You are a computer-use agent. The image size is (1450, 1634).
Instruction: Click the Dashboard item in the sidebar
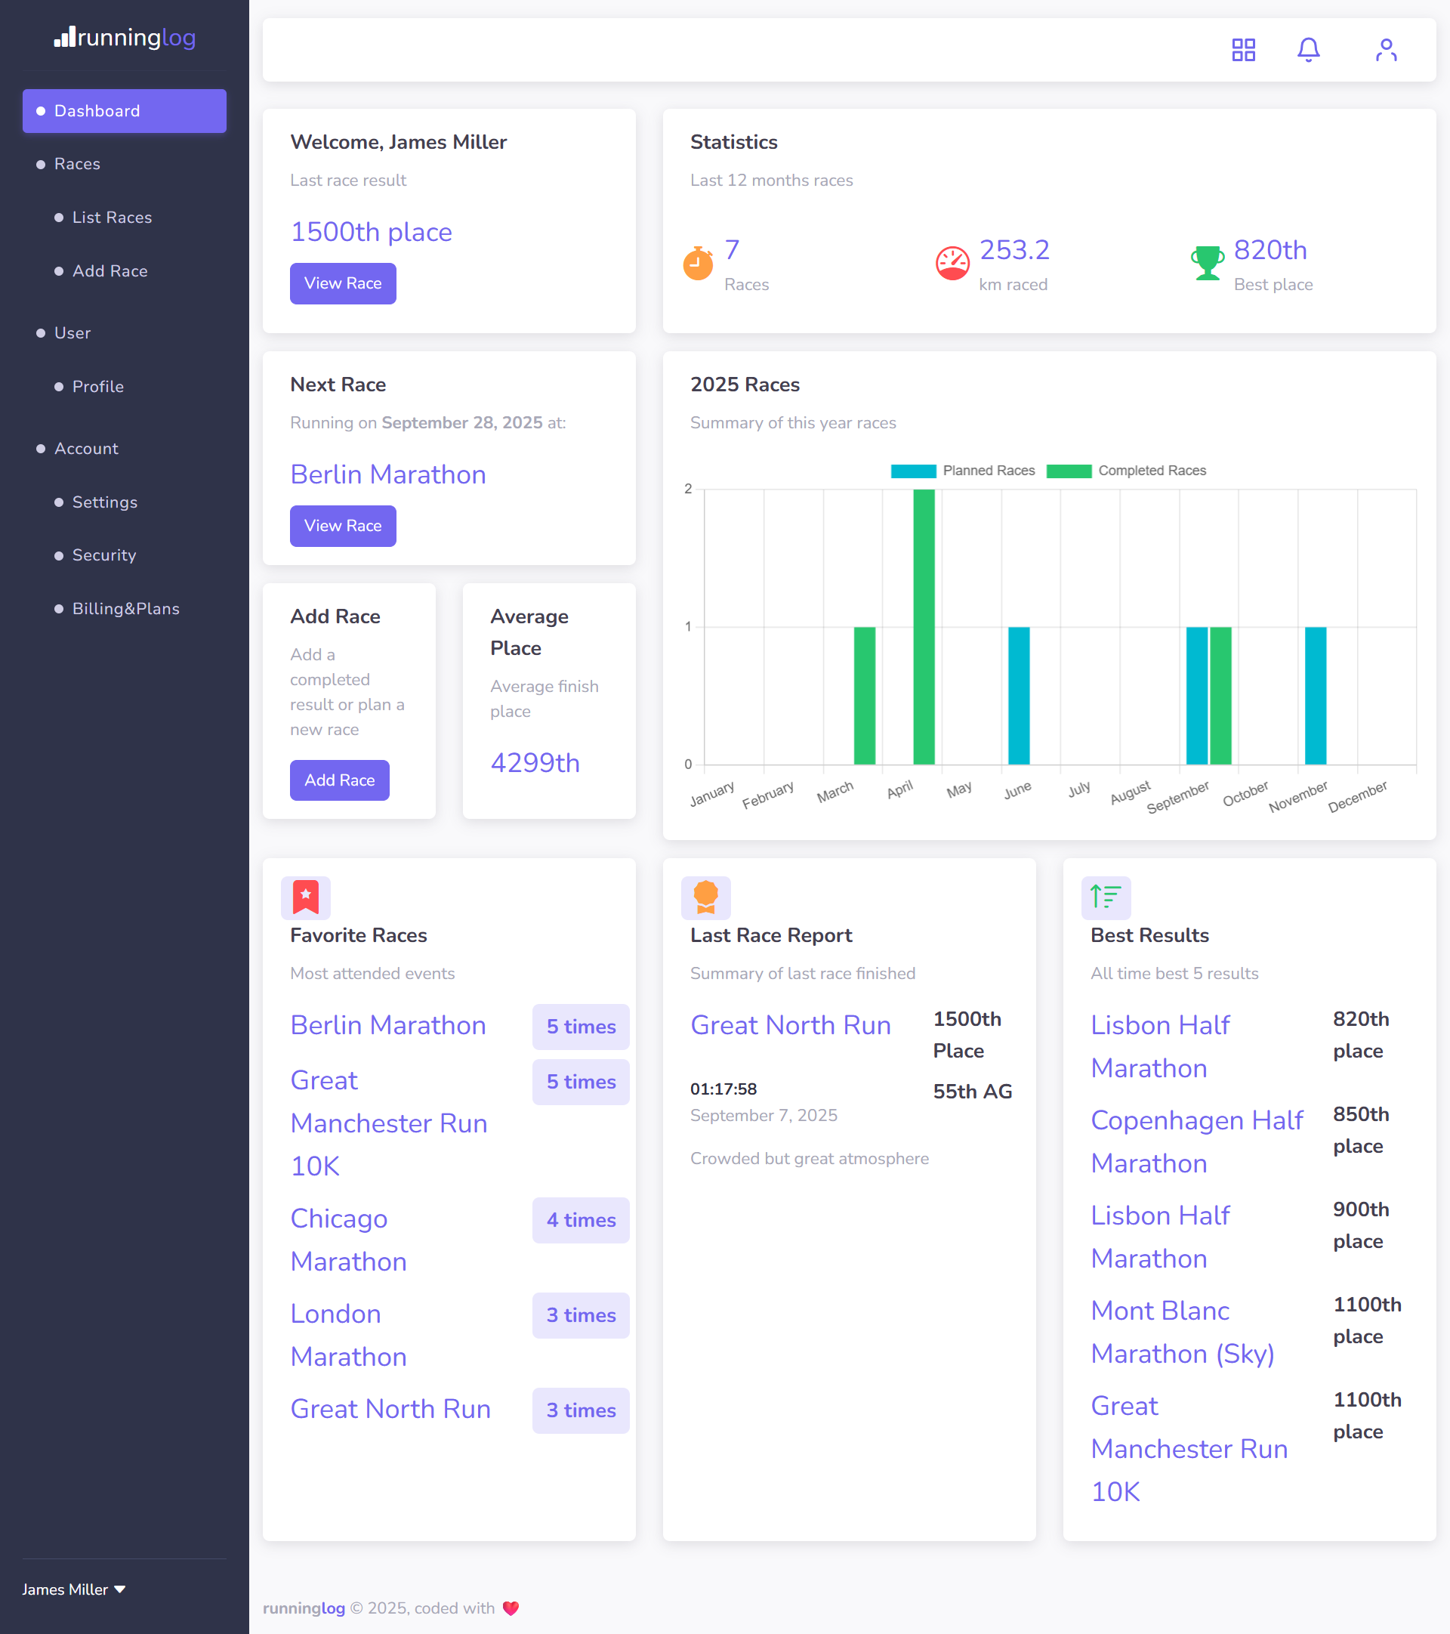click(x=124, y=111)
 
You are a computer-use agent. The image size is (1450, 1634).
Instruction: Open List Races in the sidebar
click(x=111, y=218)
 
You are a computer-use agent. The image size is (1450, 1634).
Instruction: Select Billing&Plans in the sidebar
click(x=125, y=608)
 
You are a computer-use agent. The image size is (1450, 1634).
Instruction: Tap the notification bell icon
click(x=1308, y=51)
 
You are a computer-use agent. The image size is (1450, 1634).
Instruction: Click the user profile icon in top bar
click(x=1386, y=51)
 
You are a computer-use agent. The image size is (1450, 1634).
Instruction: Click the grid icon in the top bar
click(x=1243, y=51)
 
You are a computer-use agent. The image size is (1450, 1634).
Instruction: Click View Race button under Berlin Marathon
click(x=342, y=526)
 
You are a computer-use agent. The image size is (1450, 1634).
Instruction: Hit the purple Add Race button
click(x=339, y=780)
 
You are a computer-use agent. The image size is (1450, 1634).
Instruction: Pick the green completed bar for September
click(x=1220, y=696)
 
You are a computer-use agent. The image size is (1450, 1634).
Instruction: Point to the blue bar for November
click(x=1315, y=696)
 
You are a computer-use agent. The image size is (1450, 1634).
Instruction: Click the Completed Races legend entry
click(x=1126, y=471)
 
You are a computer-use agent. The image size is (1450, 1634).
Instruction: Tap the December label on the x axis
click(x=1357, y=796)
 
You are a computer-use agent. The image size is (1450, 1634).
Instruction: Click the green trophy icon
click(x=1207, y=262)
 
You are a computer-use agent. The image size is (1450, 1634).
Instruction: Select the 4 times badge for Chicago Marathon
click(x=580, y=1220)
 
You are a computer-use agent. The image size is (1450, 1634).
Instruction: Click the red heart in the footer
click(x=511, y=1608)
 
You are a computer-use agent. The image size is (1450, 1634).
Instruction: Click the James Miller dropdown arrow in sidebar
click(x=120, y=1589)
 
